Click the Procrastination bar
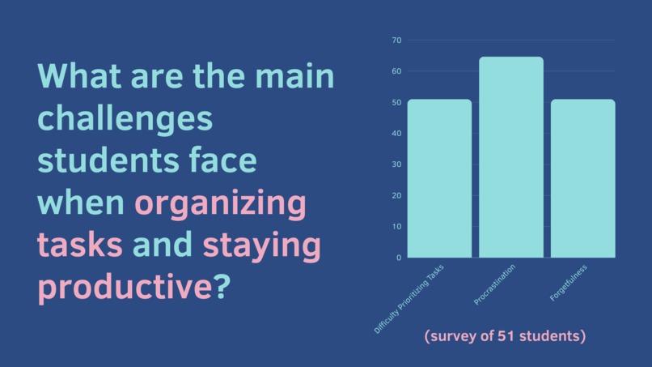[510, 157]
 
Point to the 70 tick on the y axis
[396, 41]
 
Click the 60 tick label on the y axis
[396, 71]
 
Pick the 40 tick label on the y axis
[396, 134]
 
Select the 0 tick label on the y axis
[398, 258]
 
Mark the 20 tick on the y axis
[396, 195]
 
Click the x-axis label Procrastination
[495, 285]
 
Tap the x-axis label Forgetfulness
[569, 283]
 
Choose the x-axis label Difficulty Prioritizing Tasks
[409, 299]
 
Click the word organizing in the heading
[220, 203]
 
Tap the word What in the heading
[78, 77]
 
